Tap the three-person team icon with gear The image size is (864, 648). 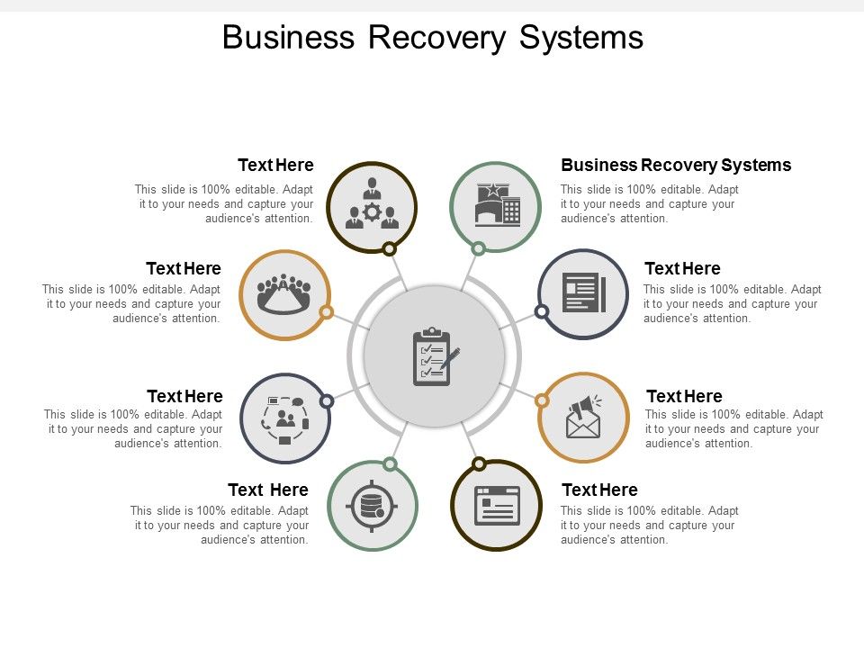372,205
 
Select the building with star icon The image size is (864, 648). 497,204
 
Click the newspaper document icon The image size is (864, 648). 583,293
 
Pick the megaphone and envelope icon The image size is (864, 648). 583,418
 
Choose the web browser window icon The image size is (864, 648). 497,505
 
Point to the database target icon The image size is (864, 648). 372,506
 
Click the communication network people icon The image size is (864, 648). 285,418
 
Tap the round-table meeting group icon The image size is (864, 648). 284,293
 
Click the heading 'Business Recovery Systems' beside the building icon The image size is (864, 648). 676,165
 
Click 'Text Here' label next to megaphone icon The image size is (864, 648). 684,396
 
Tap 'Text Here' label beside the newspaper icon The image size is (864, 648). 682,268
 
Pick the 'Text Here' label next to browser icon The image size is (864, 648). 599,490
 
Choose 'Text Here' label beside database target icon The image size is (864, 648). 268,490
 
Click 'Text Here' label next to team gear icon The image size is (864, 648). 275,165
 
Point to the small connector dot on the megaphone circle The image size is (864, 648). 543,400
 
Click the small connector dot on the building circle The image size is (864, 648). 479,248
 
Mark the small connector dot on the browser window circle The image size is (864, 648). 479,463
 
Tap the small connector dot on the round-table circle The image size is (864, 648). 327,312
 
